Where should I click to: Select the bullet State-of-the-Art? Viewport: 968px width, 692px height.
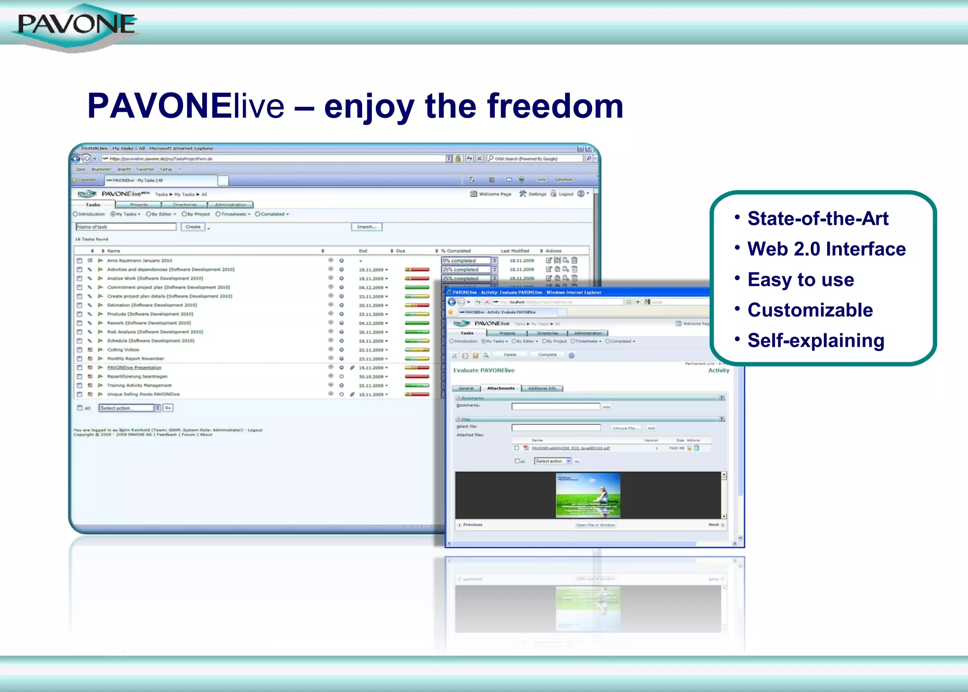coord(818,219)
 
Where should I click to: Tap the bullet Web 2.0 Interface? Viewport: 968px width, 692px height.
coord(826,249)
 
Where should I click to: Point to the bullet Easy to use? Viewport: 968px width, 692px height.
coord(801,280)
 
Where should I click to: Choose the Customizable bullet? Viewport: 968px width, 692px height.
coord(810,310)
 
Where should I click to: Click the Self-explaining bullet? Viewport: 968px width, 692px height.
coord(816,341)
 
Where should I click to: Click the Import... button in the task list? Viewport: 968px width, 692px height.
coord(366,227)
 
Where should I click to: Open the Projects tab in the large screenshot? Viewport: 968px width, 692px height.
coord(138,205)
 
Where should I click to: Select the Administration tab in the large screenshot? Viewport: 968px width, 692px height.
coord(230,205)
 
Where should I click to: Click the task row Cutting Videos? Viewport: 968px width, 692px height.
coord(123,350)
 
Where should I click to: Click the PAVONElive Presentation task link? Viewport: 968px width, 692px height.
coord(134,367)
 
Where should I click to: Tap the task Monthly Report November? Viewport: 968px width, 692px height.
coord(135,359)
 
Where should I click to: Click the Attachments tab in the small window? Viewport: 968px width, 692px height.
coord(501,388)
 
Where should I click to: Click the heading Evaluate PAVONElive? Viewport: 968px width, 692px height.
coord(484,370)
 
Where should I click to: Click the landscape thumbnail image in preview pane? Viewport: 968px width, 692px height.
coord(588,495)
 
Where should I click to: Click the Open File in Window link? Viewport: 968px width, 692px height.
coord(595,525)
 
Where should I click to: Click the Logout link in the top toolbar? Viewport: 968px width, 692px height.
coord(566,194)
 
